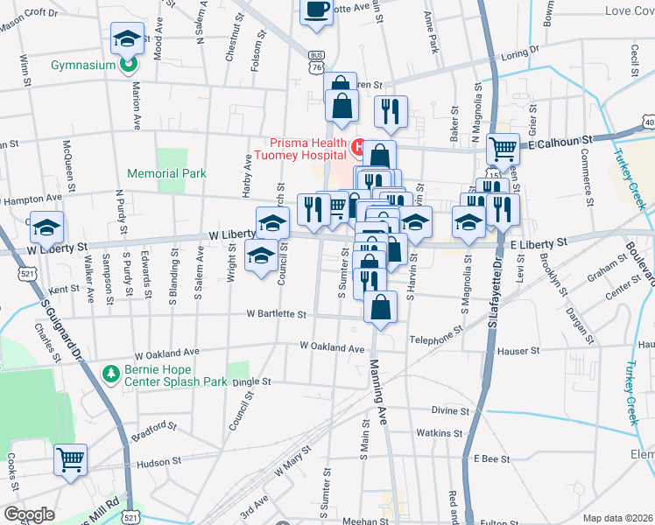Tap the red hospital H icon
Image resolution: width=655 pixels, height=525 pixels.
click(357, 144)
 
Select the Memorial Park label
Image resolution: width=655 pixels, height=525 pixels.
click(166, 173)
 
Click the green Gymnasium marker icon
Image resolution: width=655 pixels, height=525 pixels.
click(128, 64)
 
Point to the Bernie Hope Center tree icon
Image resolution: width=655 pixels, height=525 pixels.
click(110, 374)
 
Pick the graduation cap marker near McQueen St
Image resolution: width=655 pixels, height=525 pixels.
click(47, 227)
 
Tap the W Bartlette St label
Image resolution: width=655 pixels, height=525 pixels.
click(276, 313)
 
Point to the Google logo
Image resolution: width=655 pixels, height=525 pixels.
click(29, 514)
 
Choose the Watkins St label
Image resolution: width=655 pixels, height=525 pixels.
click(439, 433)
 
